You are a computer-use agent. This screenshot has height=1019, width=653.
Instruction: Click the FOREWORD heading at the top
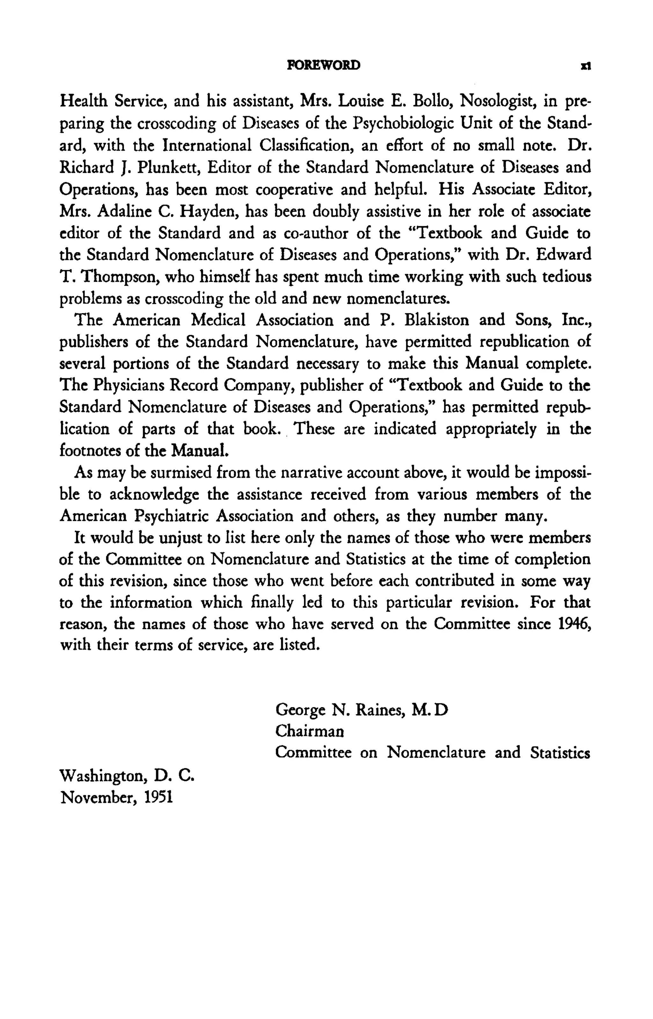pos(324,65)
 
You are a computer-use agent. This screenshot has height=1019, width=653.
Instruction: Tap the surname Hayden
pos(205,211)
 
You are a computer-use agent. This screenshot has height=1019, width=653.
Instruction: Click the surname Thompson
pos(120,277)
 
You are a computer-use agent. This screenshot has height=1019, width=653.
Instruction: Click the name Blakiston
pos(437,320)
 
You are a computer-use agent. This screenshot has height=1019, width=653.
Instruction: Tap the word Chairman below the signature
pos(310,731)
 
